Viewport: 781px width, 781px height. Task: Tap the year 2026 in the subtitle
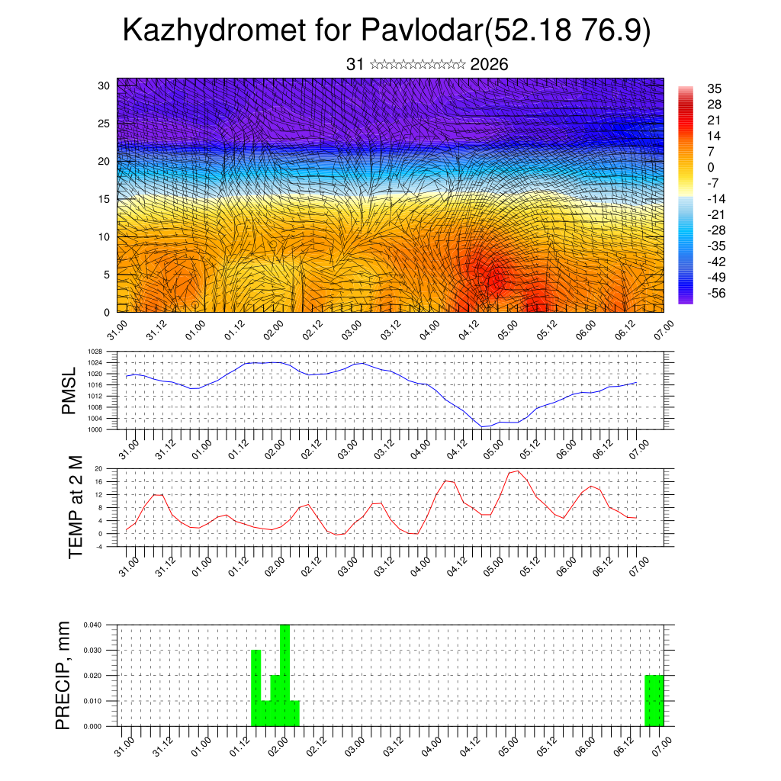pos(490,65)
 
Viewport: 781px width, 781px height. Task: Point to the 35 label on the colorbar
pos(715,88)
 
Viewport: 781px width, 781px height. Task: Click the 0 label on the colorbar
pos(712,167)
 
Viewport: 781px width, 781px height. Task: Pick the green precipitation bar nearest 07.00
pos(654,700)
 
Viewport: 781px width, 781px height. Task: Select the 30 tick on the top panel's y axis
pos(104,85)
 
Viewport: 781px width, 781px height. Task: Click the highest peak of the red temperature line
pos(519,471)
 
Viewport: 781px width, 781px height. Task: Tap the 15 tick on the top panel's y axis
pos(104,199)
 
